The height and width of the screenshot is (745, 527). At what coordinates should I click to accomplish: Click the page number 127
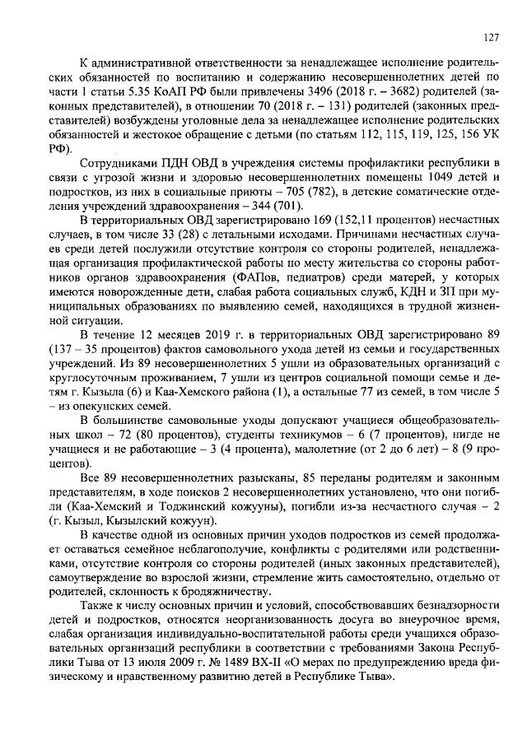click(492, 36)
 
